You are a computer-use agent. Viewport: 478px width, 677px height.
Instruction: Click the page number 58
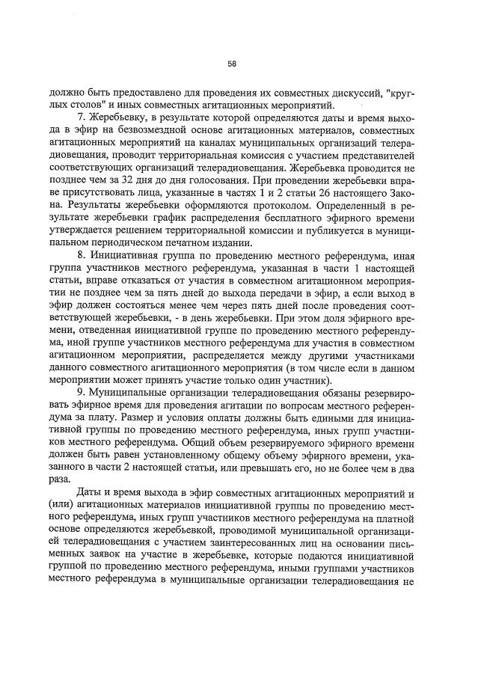[232, 64]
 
